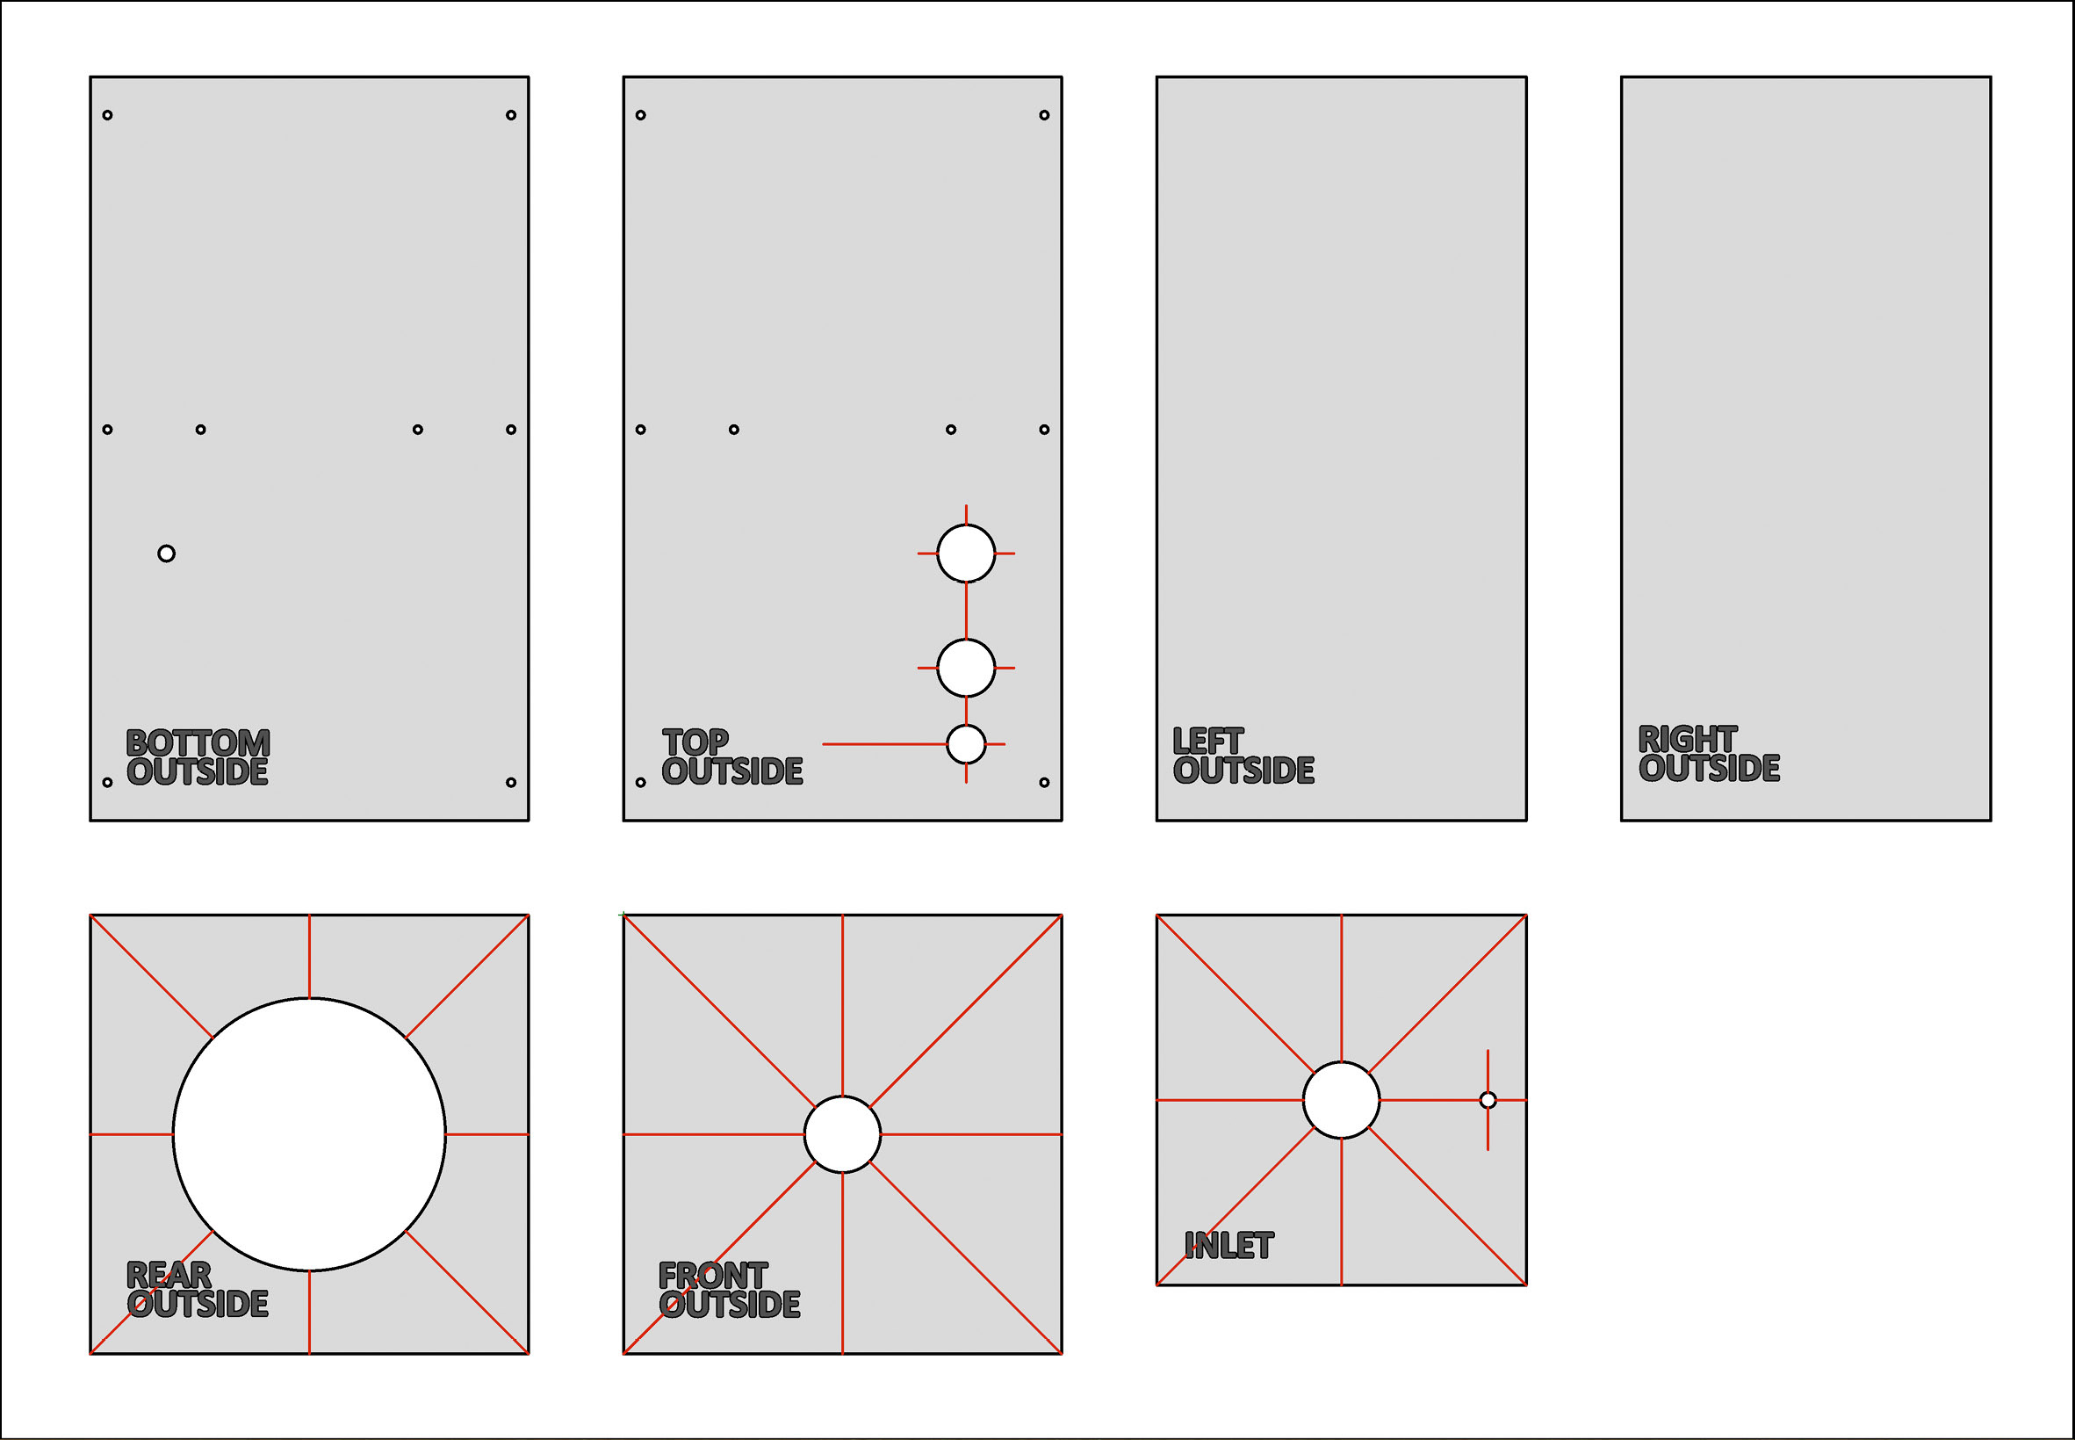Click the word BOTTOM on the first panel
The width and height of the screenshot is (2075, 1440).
[198, 742]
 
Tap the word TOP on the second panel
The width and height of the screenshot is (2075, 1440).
[695, 742]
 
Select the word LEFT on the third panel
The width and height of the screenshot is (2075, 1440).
[1207, 741]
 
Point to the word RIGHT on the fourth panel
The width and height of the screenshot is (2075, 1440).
[1686, 739]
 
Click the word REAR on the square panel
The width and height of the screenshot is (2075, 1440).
[169, 1275]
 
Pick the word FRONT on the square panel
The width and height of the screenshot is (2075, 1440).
[712, 1275]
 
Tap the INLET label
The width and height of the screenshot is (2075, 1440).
[1228, 1245]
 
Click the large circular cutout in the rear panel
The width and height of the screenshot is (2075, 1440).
[309, 1134]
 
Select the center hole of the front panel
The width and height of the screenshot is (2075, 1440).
[842, 1134]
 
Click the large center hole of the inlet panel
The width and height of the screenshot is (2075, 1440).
[1341, 1100]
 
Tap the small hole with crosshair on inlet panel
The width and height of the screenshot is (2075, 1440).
[1488, 1100]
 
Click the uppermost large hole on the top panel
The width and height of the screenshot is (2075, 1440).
[966, 554]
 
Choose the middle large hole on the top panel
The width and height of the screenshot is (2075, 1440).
[966, 668]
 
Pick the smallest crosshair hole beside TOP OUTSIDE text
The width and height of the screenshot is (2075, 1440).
[966, 744]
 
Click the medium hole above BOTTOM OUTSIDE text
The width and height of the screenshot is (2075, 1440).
[166, 554]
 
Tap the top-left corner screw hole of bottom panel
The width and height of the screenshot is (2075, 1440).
[107, 114]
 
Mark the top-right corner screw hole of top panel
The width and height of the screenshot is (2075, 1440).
[1044, 114]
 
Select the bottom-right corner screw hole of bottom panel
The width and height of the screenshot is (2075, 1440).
[510, 782]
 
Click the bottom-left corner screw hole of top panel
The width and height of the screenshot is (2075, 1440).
[640, 782]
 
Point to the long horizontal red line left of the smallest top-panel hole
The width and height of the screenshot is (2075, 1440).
[883, 744]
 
